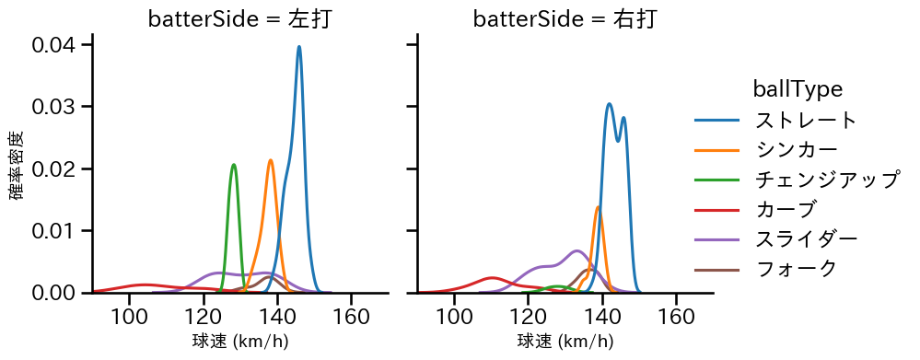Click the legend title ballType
(x=798, y=88)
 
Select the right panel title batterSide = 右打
(x=565, y=19)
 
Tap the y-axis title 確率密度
(x=17, y=165)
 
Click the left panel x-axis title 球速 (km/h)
(x=240, y=342)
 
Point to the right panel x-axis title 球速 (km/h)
(x=565, y=342)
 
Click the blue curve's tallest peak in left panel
(x=299, y=47)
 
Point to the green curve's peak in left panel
(x=234, y=165)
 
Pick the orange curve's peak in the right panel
(x=599, y=206)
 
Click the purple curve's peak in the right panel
(x=576, y=250)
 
